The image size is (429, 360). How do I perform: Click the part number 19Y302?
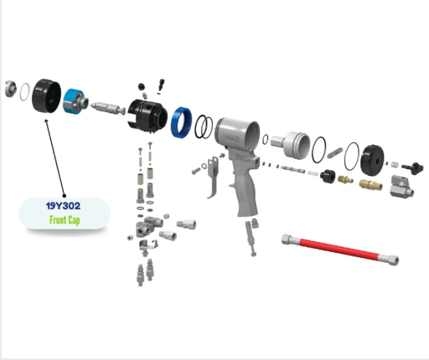pos(63,206)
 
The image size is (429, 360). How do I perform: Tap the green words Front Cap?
pos(65,220)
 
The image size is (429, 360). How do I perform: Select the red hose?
pos(340,249)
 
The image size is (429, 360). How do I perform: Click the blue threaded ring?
pos(182,122)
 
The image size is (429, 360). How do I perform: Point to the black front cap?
pos(46,96)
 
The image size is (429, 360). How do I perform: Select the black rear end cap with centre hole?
pos(372,160)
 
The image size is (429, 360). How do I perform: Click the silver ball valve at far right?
pos(401,186)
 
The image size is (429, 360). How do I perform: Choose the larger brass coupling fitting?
pos(370,184)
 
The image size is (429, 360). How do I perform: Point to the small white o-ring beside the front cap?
pos(24,91)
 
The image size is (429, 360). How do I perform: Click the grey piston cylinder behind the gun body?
pos(291,145)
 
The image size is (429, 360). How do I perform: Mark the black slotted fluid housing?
pos(147,115)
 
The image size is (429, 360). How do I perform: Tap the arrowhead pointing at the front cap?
pos(46,121)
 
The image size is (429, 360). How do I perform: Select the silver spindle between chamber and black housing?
pos(108,108)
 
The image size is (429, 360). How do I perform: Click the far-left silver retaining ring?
pos(11,89)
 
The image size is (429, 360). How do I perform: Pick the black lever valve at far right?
pos(412,167)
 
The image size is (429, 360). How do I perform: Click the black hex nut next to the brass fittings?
pos(328,176)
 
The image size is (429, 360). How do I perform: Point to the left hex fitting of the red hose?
pos(287,239)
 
